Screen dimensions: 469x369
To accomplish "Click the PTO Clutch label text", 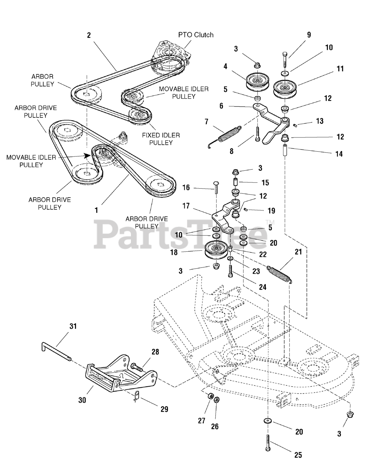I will click(196, 35).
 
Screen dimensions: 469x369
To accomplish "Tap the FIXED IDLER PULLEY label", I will click(161, 139).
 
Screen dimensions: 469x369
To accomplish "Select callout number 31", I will click(73, 326).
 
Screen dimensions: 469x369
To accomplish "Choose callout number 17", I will click(186, 206).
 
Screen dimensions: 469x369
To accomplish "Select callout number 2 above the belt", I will click(89, 35).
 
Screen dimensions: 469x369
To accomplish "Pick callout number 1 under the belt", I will click(96, 210).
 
